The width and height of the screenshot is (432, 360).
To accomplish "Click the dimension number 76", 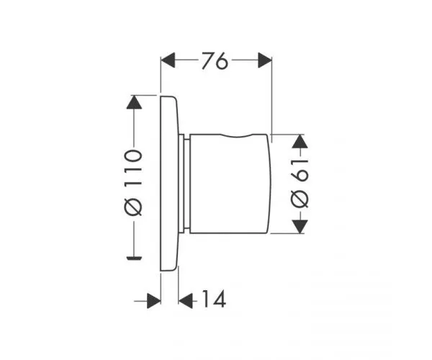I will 215,63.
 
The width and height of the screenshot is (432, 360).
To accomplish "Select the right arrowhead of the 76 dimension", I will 264,62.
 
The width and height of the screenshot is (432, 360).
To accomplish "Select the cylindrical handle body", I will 230,184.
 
